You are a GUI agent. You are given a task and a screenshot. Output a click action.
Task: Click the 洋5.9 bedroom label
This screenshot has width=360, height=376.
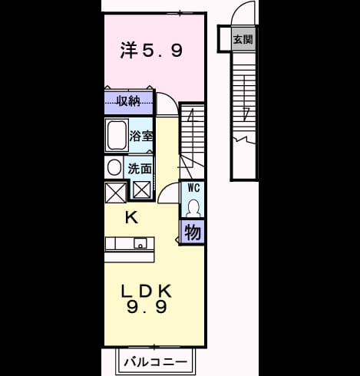(151, 50)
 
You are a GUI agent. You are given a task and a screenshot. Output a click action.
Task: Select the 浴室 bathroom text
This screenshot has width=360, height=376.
(141, 136)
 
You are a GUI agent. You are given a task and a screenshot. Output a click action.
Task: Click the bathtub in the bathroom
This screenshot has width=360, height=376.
(117, 136)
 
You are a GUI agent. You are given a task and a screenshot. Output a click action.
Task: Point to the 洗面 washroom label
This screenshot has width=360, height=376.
(140, 169)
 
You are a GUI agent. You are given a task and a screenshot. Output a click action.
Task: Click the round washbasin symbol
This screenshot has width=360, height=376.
(114, 168)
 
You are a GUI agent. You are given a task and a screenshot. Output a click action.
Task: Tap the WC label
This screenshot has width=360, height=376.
(193, 188)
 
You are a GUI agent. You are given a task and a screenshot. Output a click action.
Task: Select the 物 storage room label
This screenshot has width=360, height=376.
(193, 233)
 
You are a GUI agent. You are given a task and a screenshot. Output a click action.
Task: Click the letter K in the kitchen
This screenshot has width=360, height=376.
(131, 218)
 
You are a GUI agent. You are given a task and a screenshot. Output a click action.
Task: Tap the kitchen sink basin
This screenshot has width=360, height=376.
(140, 243)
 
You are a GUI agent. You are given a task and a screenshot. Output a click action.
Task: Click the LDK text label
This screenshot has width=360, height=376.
(146, 291)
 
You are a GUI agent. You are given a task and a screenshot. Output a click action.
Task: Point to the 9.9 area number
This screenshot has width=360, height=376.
(147, 307)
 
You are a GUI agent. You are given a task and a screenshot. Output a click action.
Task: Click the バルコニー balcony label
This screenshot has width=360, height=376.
(156, 362)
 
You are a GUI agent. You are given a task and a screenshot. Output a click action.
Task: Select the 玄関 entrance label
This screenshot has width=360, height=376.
(243, 39)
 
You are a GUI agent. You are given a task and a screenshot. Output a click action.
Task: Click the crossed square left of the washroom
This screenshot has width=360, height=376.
(116, 193)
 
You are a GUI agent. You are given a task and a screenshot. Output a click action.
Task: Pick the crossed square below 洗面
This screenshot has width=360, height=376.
(142, 190)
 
